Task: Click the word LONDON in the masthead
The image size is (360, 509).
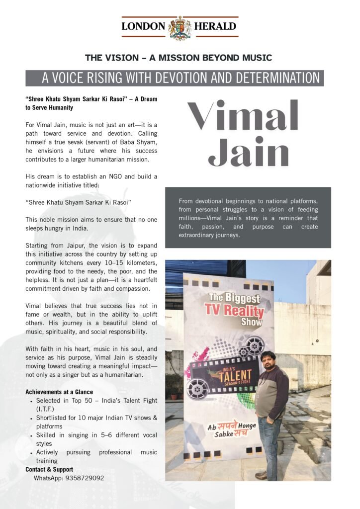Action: pyautogui.click(x=144, y=26)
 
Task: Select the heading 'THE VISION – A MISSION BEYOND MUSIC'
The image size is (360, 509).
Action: pyautogui.click(x=179, y=58)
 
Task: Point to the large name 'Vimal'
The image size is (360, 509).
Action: pyautogui.click(x=243, y=116)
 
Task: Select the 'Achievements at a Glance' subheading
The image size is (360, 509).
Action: pyautogui.click(x=59, y=392)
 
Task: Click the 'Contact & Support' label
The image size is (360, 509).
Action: pyautogui.click(x=49, y=469)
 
